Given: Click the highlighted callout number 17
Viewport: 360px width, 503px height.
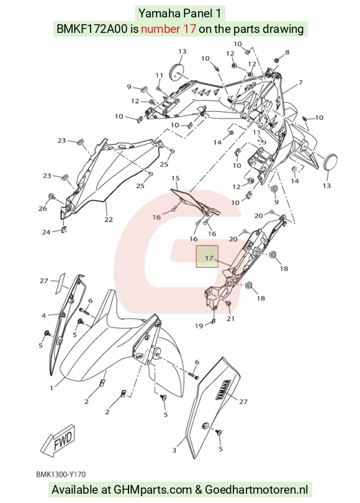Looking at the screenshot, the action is pyautogui.click(x=209, y=258).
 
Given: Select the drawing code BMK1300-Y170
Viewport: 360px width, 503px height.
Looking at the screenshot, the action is pyautogui.click(x=61, y=474).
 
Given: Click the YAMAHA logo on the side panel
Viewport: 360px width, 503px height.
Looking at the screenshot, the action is pyautogui.click(x=223, y=389).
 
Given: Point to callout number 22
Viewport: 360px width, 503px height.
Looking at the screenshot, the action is pyautogui.click(x=109, y=219).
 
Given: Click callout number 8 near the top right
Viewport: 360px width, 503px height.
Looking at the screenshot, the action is pyautogui.click(x=287, y=52).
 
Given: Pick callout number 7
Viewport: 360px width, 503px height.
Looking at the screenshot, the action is pyautogui.click(x=300, y=83).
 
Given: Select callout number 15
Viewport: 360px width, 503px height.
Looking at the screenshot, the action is pyautogui.click(x=176, y=178).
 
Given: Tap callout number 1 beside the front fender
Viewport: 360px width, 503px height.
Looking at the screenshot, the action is pyautogui.click(x=52, y=388).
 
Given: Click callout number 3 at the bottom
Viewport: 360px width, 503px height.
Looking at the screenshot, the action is pyautogui.click(x=174, y=450).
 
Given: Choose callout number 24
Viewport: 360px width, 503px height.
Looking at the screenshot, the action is pyautogui.click(x=46, y=232).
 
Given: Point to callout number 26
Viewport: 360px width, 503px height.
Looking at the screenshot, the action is pyautogui.click(x=43, y=209).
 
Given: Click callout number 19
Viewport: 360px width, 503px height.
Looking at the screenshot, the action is pyautogui.click(x=199, y=325).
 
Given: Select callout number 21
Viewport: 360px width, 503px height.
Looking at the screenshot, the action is pyautogui.click(x=231, y=319).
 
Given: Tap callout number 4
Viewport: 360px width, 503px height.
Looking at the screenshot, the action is pyautogui.click(x=43, y=315).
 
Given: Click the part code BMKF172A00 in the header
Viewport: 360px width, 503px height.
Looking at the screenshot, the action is pyautogui.click(x=92, y=29).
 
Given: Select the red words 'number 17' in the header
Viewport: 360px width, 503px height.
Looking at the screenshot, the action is pyautogui.click(x=168, y=29).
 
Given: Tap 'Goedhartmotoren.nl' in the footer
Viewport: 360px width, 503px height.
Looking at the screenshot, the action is pyautogui.click(x=256, y=490).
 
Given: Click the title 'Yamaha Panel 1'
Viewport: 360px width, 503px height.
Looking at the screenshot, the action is pyautogui.click(x=179, y=14).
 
